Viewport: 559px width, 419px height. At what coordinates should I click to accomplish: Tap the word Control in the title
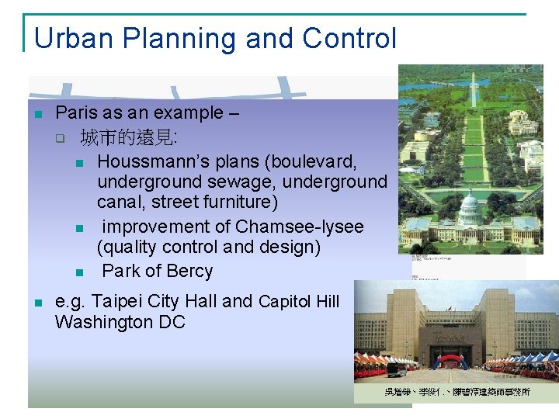[349, 38]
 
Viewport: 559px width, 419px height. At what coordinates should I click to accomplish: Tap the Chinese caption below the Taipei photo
[457, 392]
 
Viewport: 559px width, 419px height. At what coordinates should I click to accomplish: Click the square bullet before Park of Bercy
[79, 272]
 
